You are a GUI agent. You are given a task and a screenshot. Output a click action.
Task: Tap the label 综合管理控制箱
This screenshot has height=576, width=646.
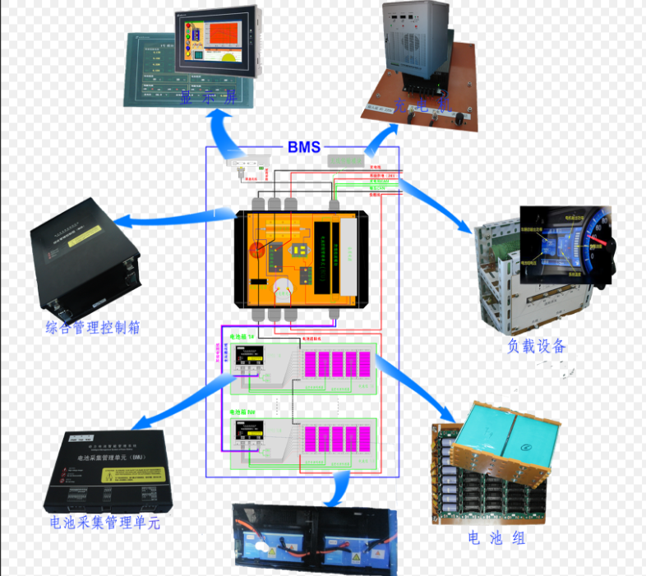pyautogui.click(x=92, y=327)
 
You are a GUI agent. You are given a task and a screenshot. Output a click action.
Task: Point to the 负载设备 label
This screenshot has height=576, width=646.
pyautogui.click(x=536, y=346)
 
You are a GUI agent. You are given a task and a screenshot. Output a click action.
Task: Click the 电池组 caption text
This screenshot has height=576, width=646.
pyautogui.click(x=496, y=538)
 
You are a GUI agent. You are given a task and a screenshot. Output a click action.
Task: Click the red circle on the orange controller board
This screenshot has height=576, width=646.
pyautogui.click(x=257, y=251)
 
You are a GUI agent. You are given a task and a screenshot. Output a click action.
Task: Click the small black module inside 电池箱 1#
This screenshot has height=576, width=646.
pyautogui.click(x=250, y=359)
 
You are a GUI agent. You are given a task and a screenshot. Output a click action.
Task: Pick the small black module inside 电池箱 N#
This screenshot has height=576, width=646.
pyautogui.click(x=250, y=431)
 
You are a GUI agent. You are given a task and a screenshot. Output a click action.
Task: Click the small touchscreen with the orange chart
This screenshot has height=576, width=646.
pyautogui.click(x=217, y=45)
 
